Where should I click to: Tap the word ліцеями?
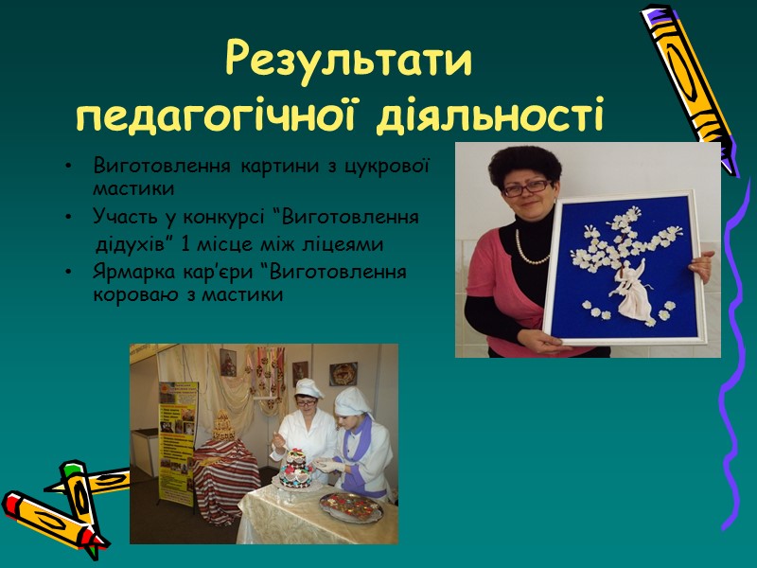[349, 245]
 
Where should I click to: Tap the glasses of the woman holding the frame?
[525, 187]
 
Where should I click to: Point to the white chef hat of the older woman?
[308, 387]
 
